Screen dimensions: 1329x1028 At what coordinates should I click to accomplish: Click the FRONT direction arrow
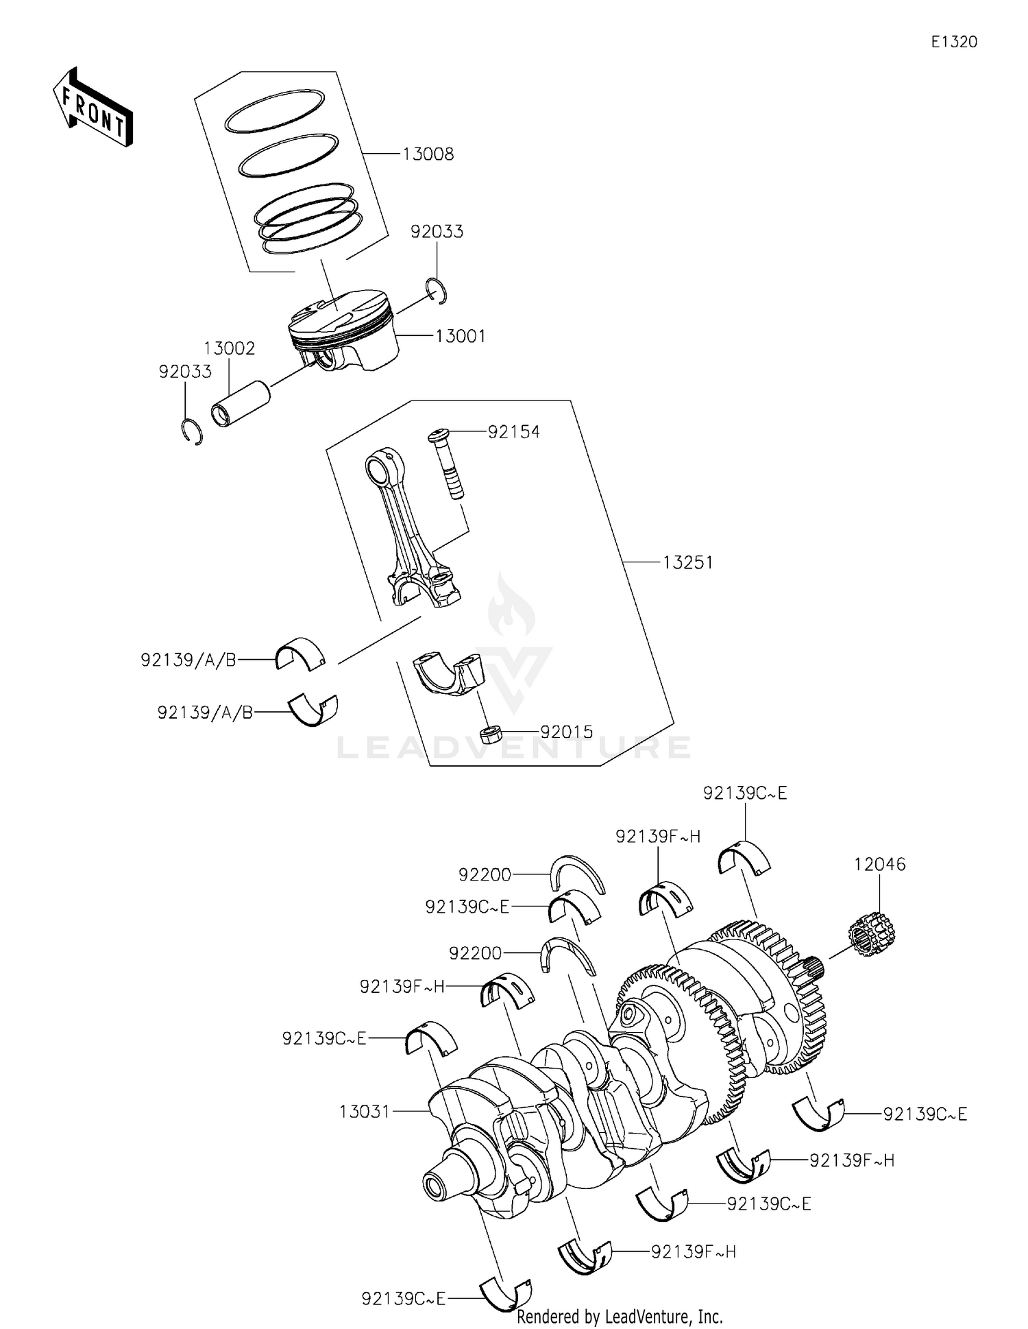(x=93, y=107)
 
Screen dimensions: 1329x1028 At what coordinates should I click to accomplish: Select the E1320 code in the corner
(x=953, y=42)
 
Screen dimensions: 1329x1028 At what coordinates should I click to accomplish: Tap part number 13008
(x=428, y=154)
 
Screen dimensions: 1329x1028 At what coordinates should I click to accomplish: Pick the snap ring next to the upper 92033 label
(x=437, y=291)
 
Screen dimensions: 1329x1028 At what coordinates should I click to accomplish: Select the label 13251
(x=687, y=562)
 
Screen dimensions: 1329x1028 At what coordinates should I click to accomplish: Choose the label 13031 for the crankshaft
(x=364, y=1111)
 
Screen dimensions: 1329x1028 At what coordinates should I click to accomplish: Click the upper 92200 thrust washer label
(x=485, y=874)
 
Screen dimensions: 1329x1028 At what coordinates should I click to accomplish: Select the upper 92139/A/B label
(x=188, y=660)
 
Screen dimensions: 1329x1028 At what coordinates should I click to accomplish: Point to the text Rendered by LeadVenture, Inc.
(x=620, y=1317)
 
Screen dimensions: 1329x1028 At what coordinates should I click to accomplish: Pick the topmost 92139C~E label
(x=745, y=793)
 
